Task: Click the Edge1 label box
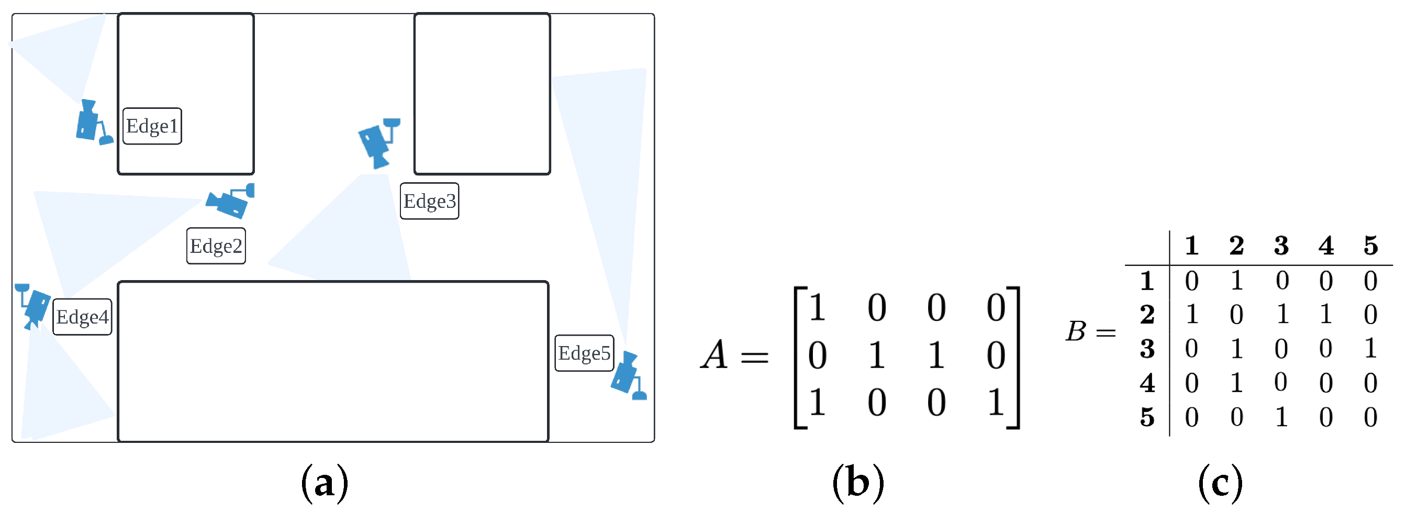click(x=152, y=126)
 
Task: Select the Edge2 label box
click(x=216, y=246)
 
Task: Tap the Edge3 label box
click(x=429, y=201)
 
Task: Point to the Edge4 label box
click(x=82, y=317)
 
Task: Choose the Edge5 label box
click(x=584, y=353)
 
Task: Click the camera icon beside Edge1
click(x=92, y=123)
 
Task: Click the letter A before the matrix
click(x=714, y=355)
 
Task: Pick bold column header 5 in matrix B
click(x=1370, y=246)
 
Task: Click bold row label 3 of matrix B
click(x=1147, y=349)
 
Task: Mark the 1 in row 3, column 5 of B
click(x=1370, y=349)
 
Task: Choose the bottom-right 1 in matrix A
click(x=996, y=403)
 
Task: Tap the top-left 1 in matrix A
click(x=817, y=307)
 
